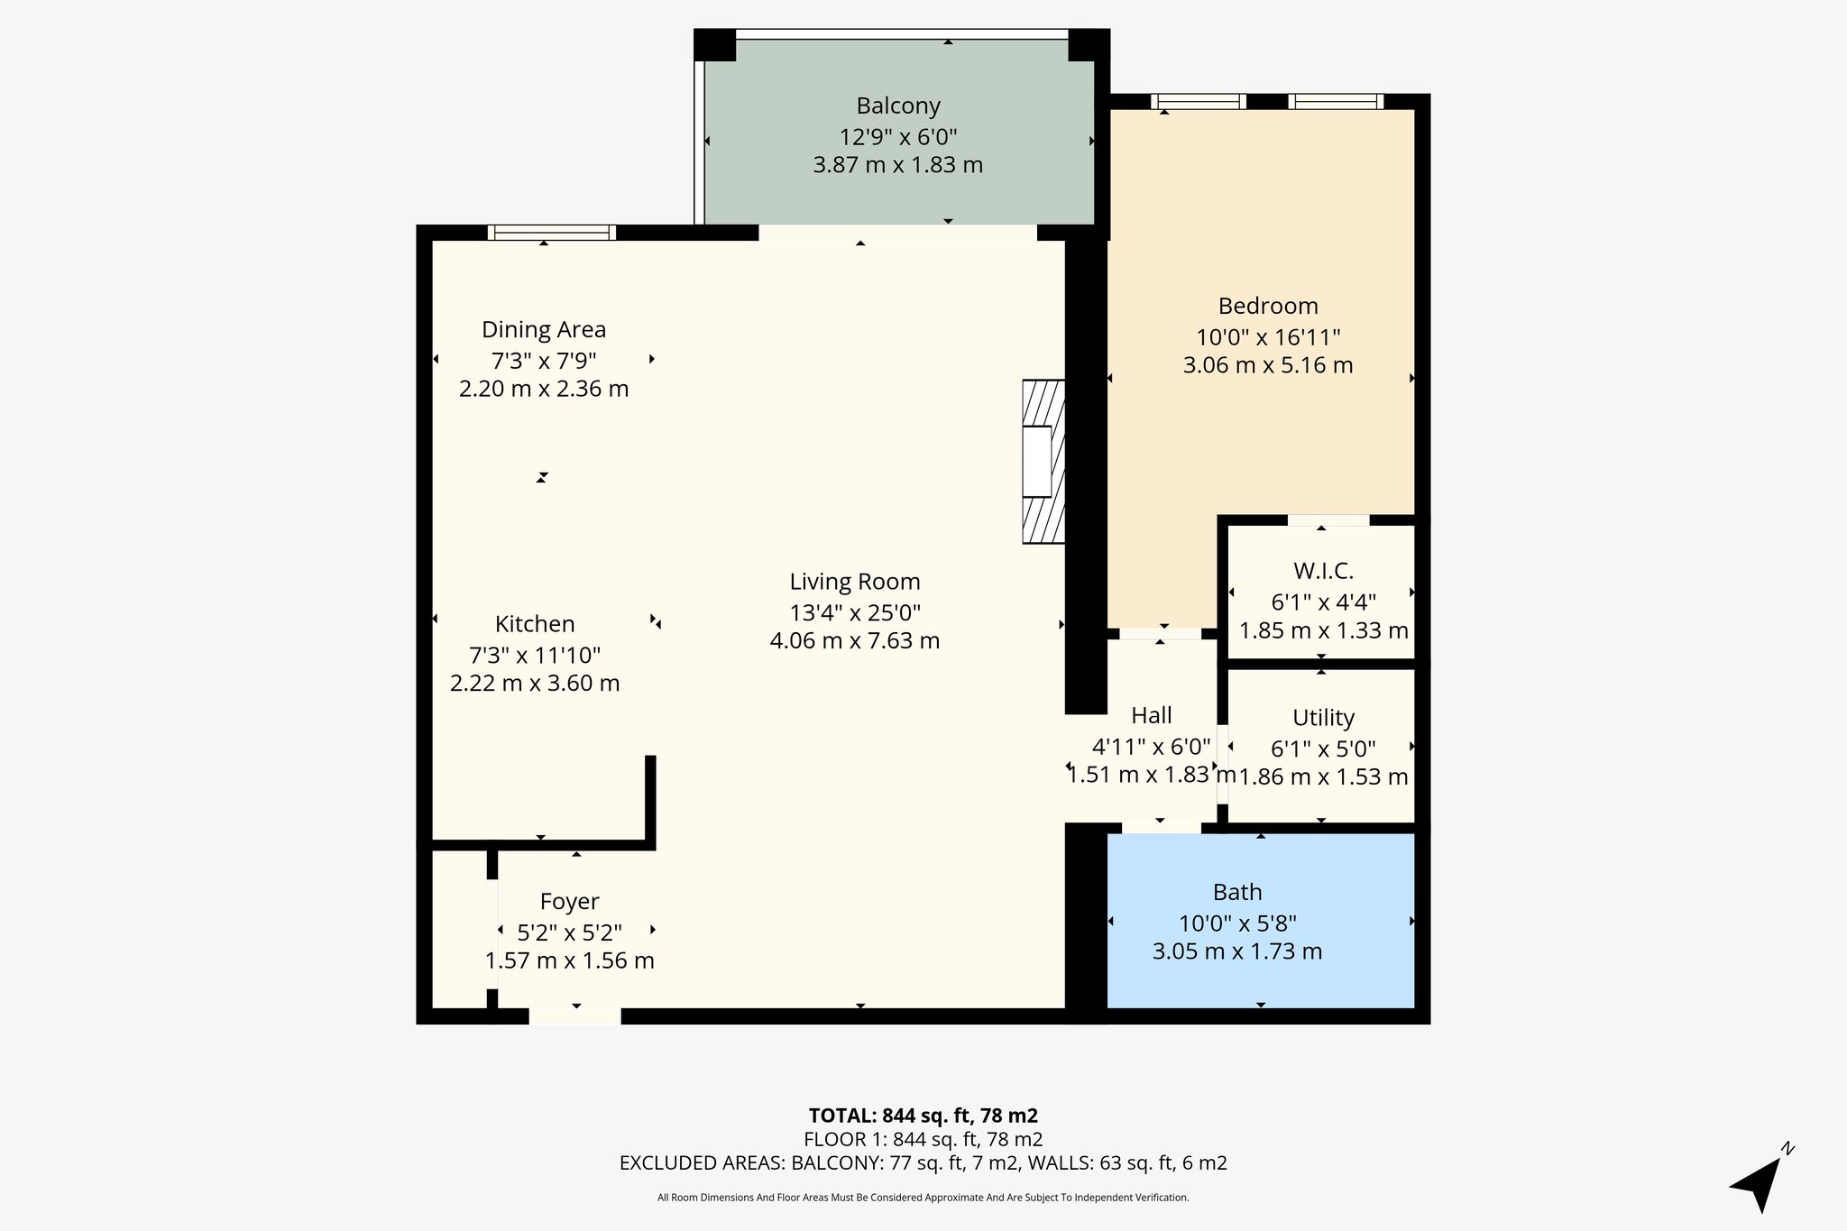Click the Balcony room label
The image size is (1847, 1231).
tap(898, 106)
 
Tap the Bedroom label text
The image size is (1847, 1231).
tap(1268, 306)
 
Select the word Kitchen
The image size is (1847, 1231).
tap(535, 624)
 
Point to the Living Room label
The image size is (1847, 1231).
tap(855, 582)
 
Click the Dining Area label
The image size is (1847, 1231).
tap(544, 330)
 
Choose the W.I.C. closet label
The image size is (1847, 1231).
tap(1323, 571)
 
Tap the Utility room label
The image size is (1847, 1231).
tap(1323, 718)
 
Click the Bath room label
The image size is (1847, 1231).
tap(1237, 892)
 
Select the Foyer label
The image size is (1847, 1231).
tap(570, 902)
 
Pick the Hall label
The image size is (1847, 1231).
tap(1152, 715)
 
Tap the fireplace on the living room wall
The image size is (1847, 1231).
tap(1043, 462)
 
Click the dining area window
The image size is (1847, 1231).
tap(552, 233)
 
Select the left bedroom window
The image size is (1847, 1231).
tap(1199, 102)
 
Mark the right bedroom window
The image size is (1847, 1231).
tap(1336, 102)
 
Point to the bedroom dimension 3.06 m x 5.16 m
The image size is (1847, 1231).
tap(1268, 366)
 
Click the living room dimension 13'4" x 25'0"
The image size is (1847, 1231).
tap(855, 613)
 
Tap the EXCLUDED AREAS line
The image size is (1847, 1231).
tap(923, 1163)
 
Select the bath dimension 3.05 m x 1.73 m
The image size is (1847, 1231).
tap(1237, 951)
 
